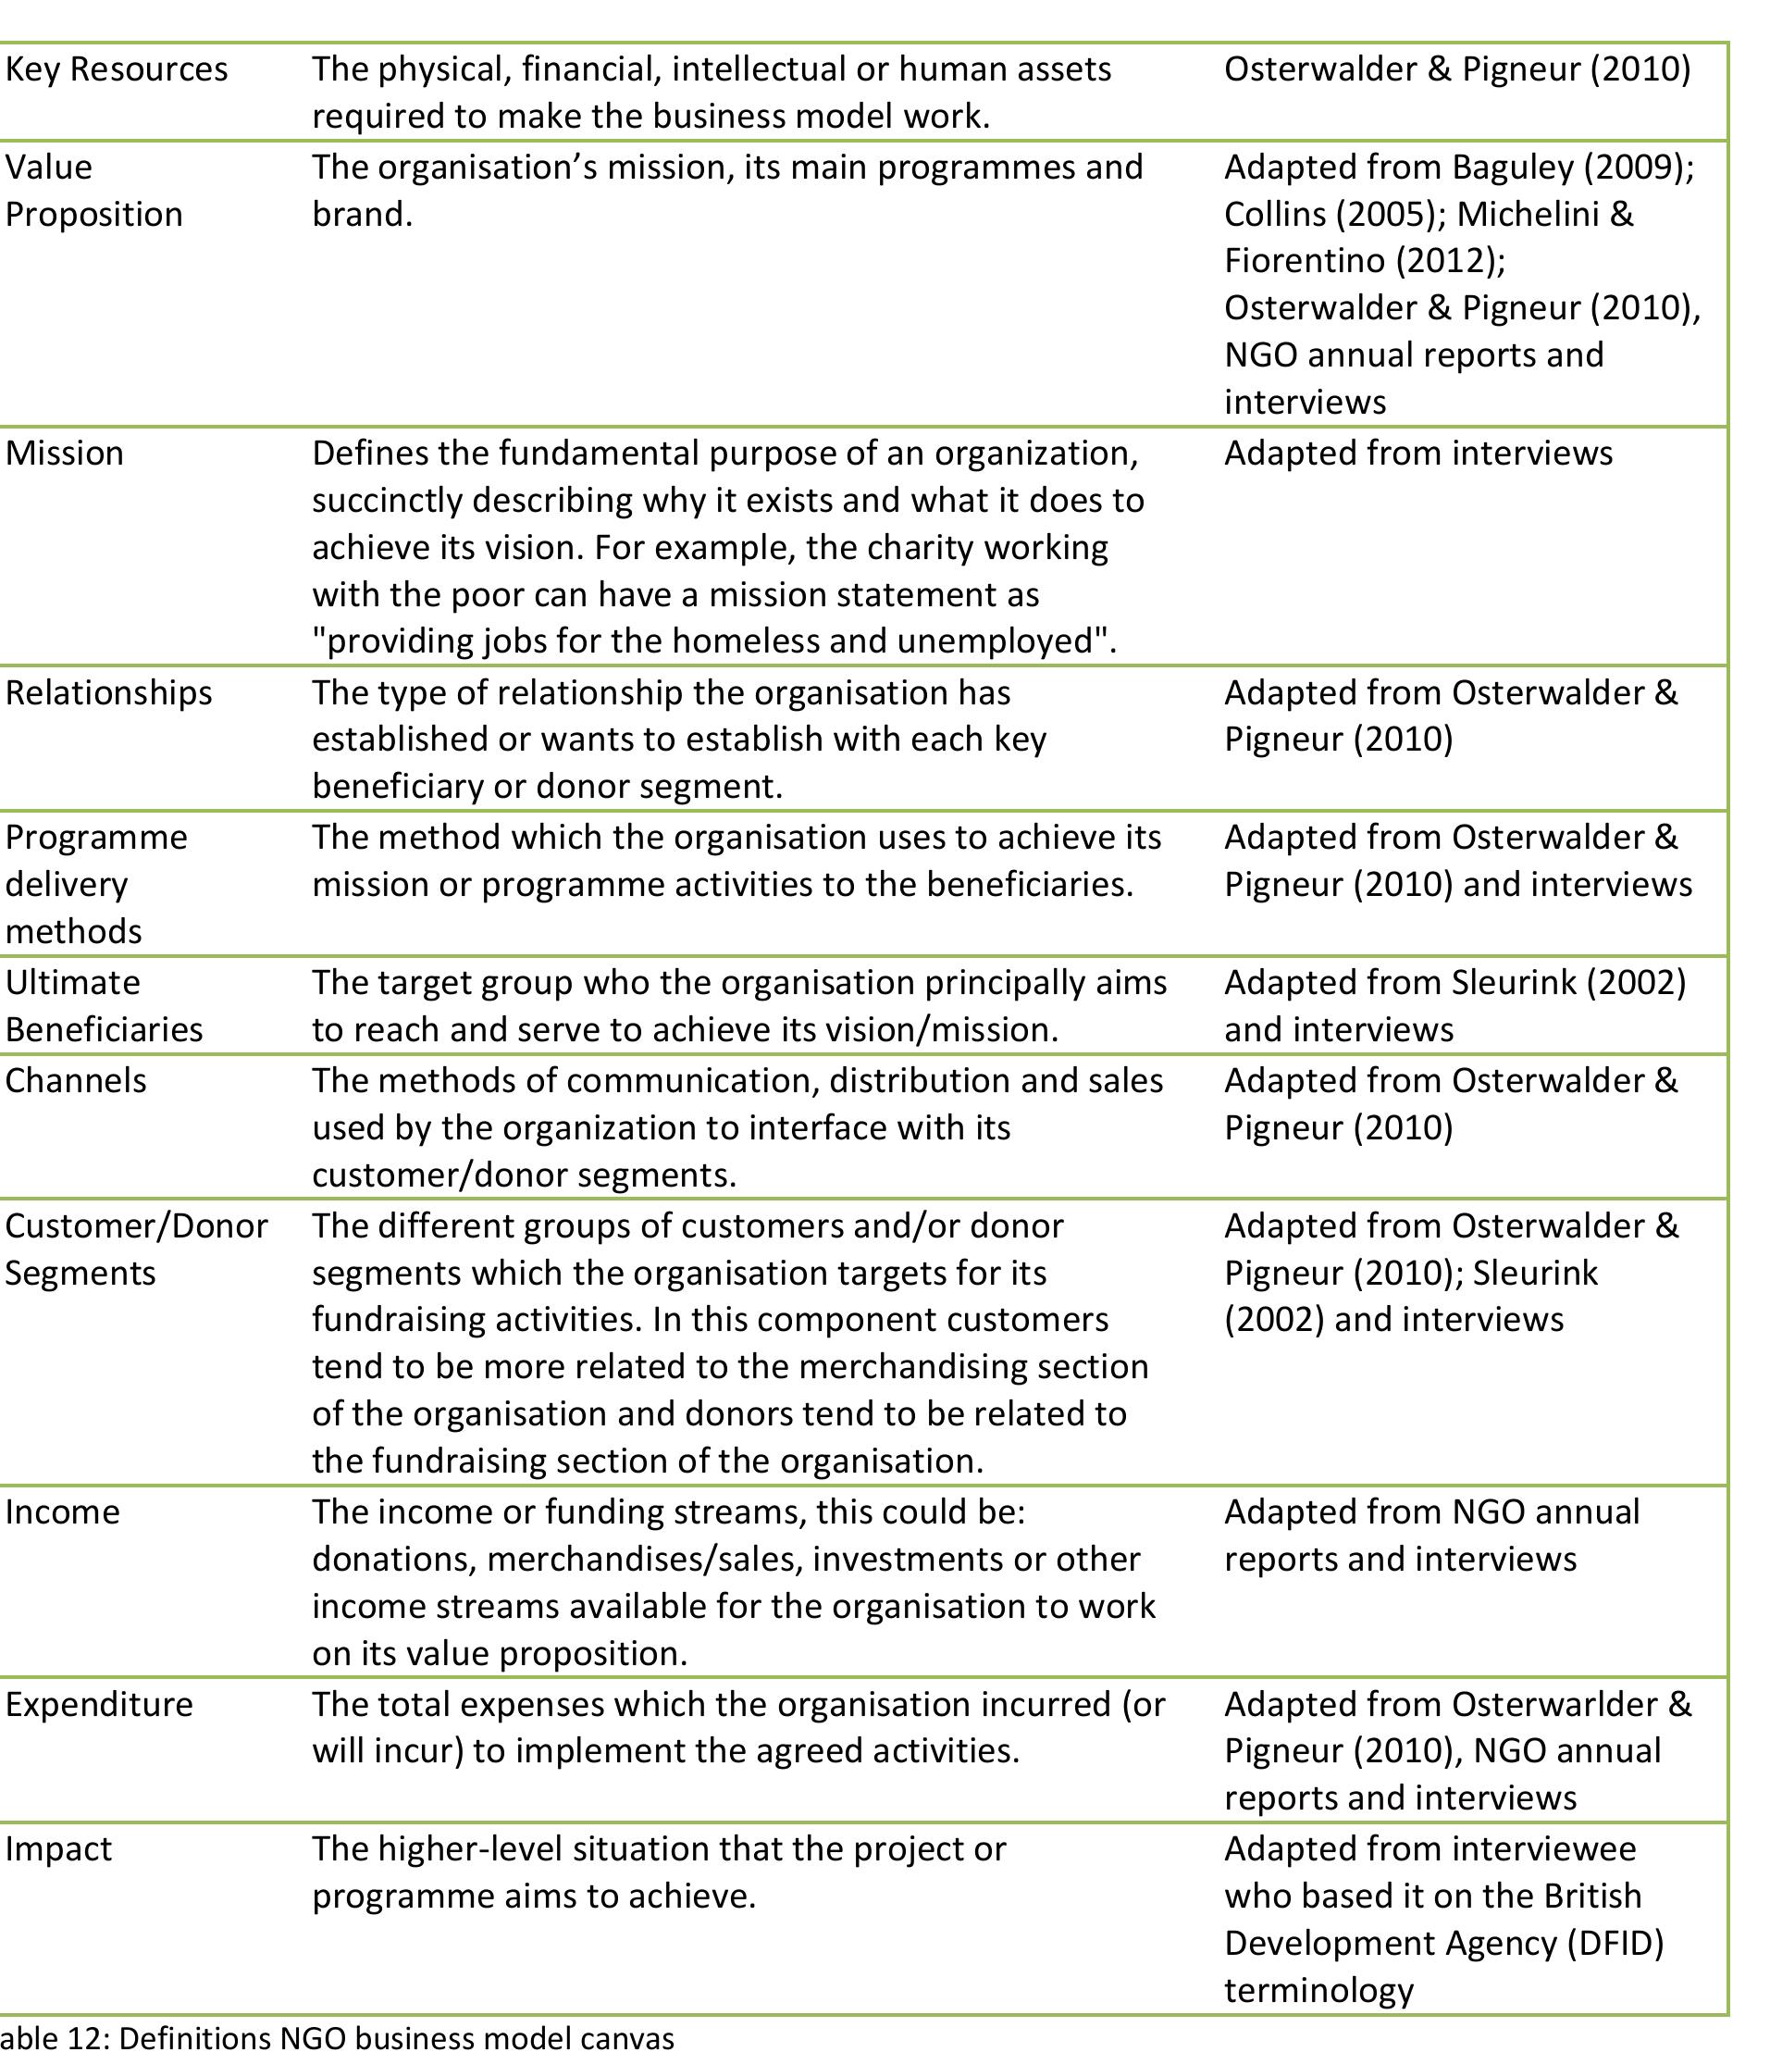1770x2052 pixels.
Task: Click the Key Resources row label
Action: coord(116,69)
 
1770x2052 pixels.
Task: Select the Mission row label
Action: coord(65,453)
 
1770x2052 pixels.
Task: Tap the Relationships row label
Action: coord(108,692)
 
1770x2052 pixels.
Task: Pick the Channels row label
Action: coord(75,1079)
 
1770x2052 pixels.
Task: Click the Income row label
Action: coord(61,1511)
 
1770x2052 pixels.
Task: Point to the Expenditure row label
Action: coord(99,1703)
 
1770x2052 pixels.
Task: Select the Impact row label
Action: coord(58,1848)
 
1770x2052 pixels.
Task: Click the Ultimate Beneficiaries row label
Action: coord(103,1005)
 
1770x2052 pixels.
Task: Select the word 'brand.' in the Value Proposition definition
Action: coord(362,214)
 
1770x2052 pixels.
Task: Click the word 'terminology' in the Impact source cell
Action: coord(1318,1990)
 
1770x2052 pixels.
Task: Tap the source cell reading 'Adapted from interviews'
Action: coord(1417,453)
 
